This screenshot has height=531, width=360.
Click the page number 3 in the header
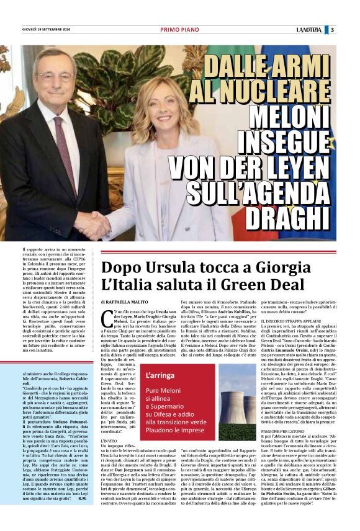(332, 29)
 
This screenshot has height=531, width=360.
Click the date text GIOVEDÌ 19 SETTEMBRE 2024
(48, 29)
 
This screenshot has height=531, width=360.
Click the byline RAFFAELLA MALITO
(128, 300)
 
